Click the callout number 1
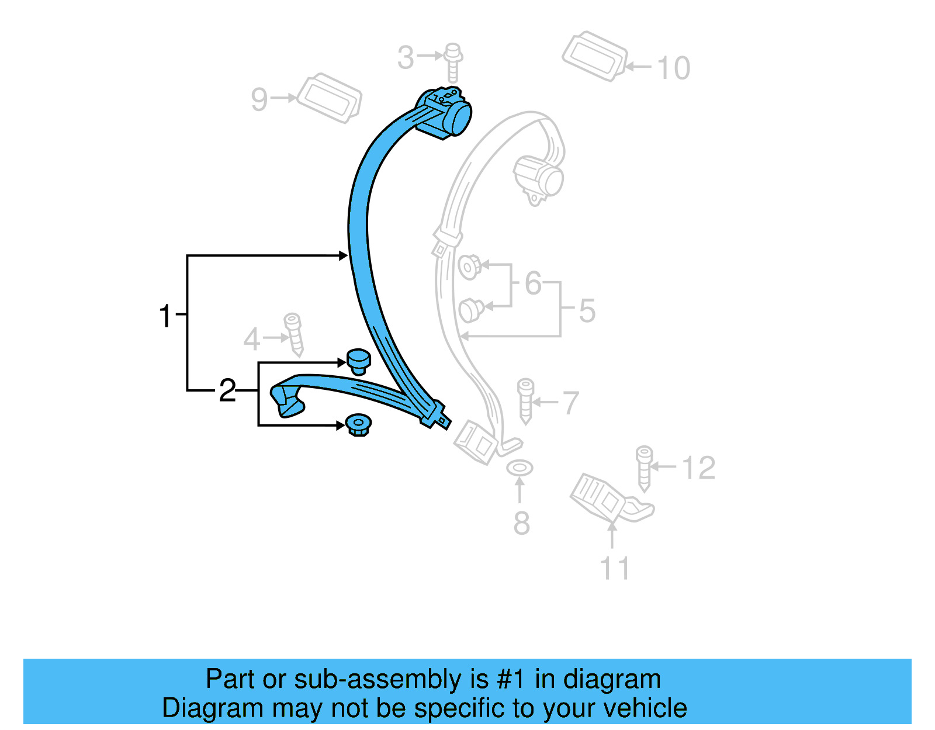point(166,316)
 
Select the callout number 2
point(227,390)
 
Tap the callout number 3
point(406,58)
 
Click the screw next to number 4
point(293,334)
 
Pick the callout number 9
point(259,99)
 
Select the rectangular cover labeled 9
point(329,98)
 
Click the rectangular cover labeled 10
point(594,56)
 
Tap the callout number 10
point(674,68)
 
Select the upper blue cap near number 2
point(358,361)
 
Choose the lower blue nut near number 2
point(358,424)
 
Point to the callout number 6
point(533,283)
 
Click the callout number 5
point(587,310)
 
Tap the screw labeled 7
point(525,400)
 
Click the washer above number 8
point(520,468)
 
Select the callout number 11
point(615,568)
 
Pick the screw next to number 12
point(644,467)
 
